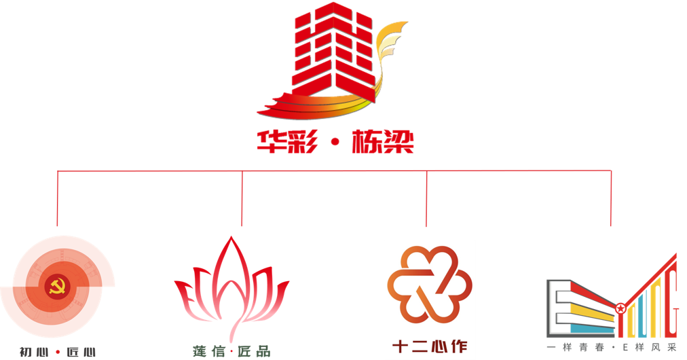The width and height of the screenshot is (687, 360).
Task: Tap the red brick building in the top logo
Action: point(333,51)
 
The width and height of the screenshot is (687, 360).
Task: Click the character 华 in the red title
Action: point(270,143)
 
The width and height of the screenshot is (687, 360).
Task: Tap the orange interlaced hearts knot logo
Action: point(429,286)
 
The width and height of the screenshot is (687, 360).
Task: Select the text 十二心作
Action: point(429,346)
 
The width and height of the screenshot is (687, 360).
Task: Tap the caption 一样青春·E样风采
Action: point(612,348)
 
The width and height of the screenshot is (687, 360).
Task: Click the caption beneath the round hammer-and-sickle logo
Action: point(57,352)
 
